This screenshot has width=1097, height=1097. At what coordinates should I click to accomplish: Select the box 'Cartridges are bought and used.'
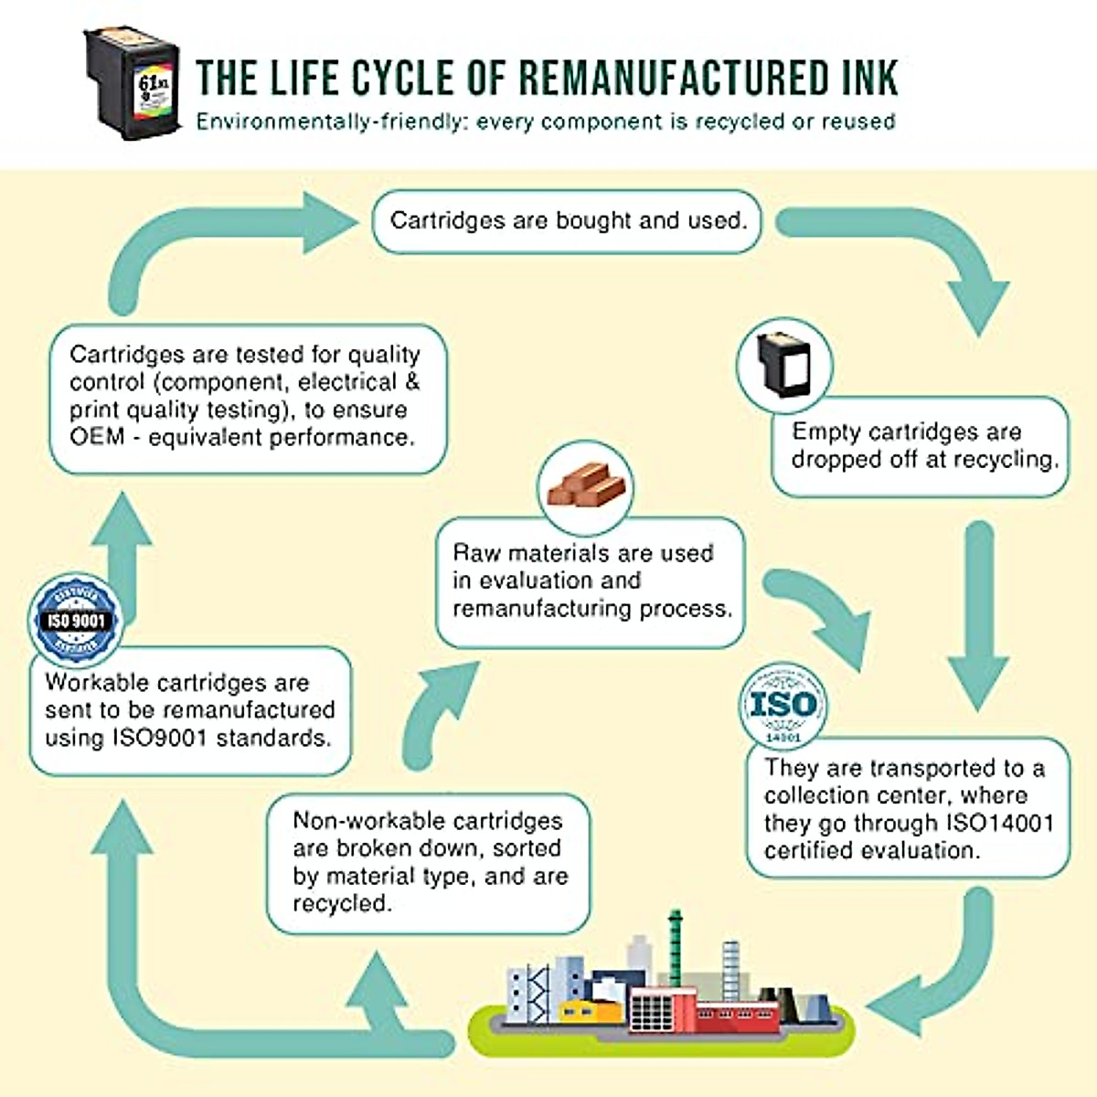(567, 221)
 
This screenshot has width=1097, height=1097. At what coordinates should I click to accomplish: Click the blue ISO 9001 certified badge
(76, 620)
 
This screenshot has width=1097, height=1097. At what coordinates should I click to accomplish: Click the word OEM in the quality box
(96, 437)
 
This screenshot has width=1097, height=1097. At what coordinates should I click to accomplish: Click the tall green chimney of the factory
(675, 942)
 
